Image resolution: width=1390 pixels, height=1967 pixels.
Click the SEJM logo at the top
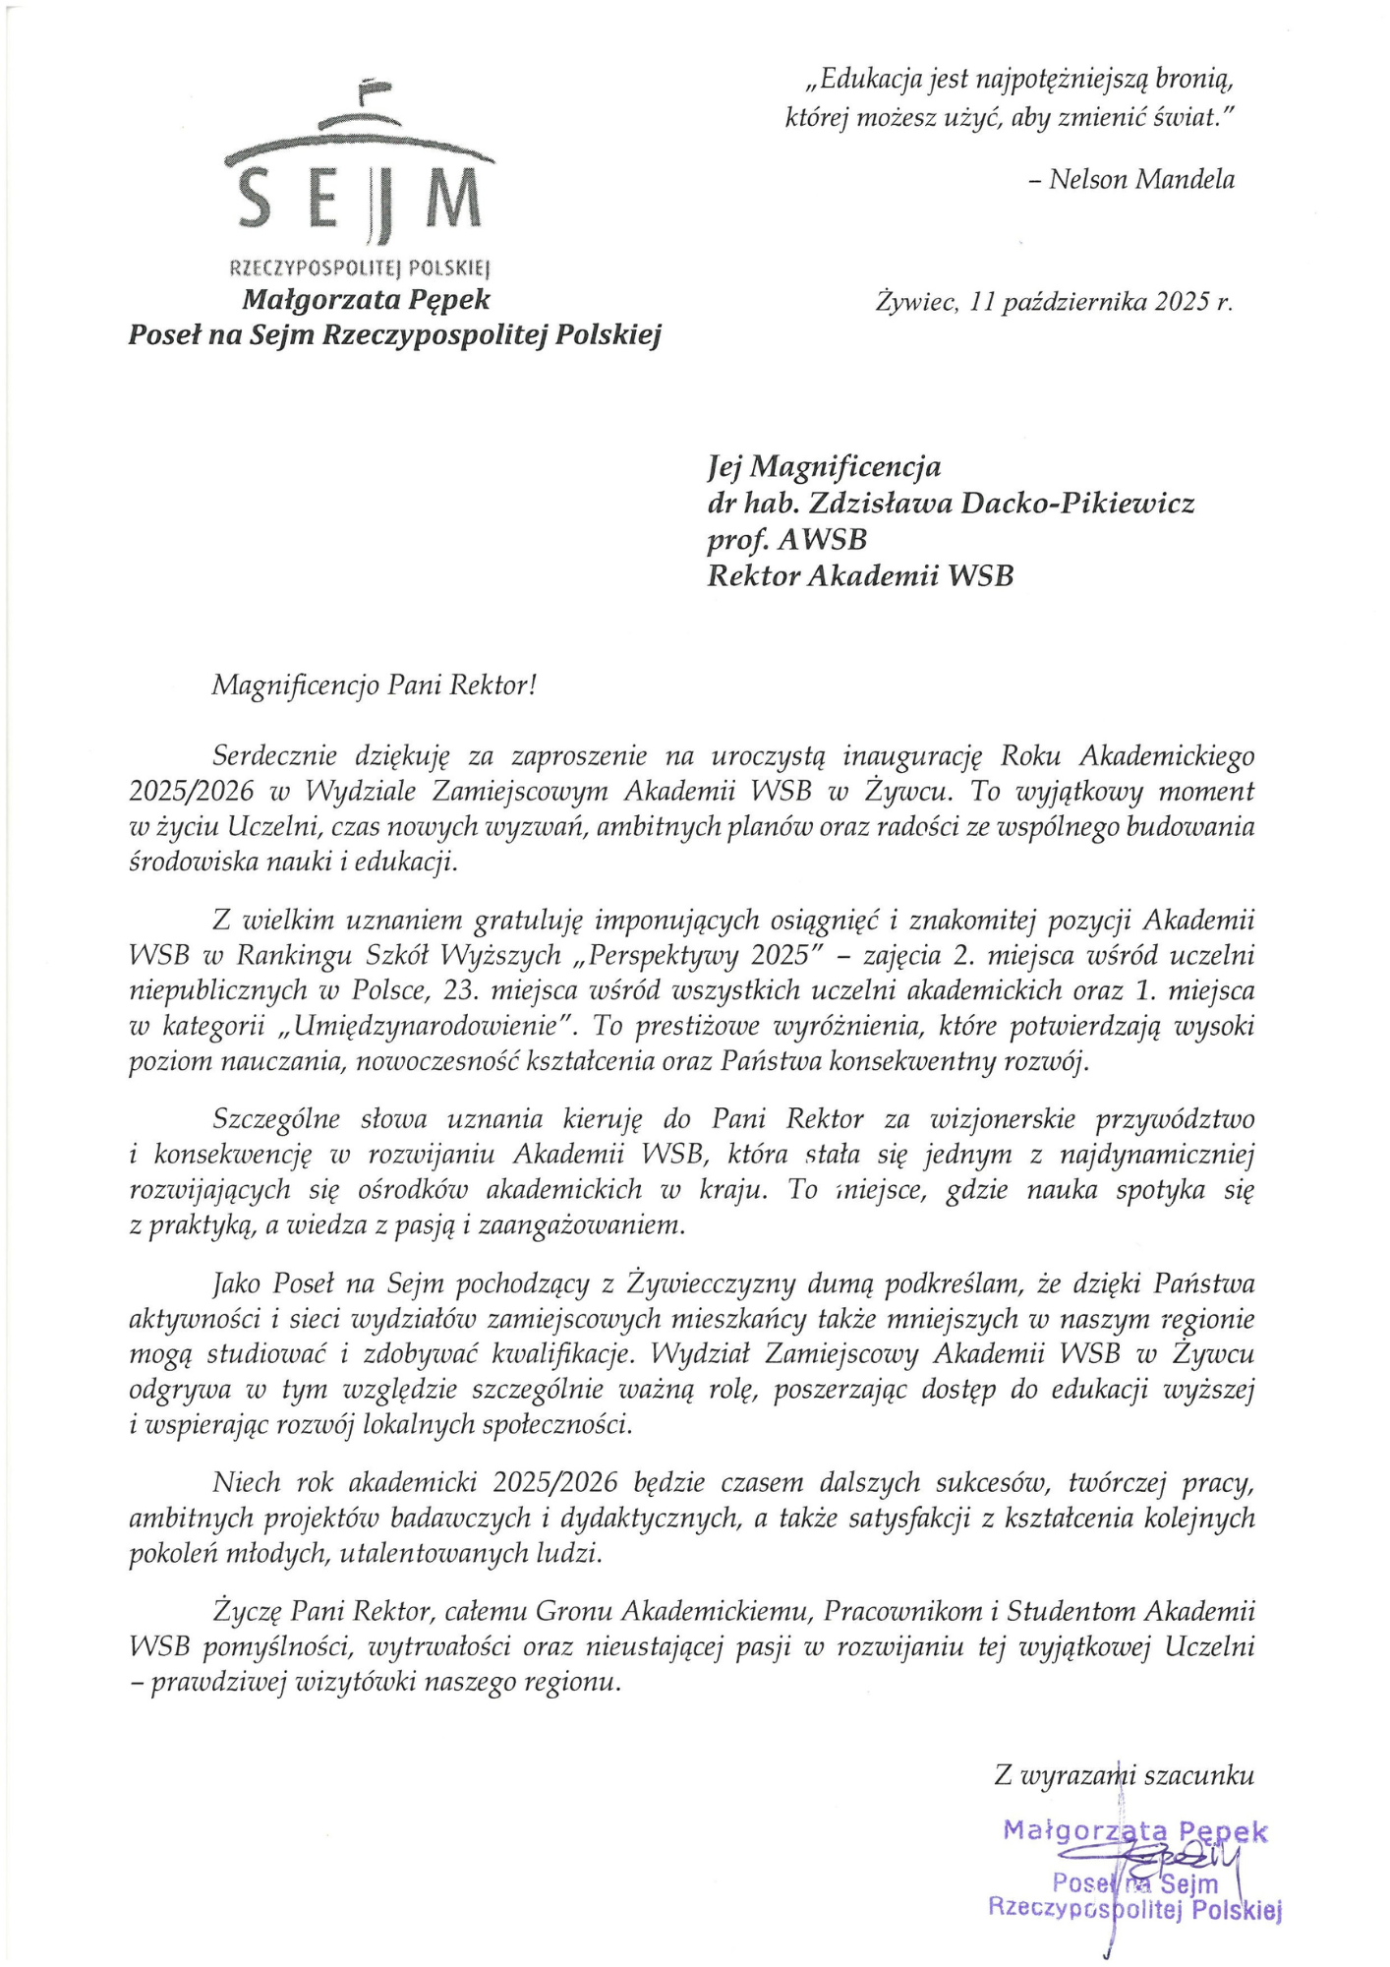[359, 177]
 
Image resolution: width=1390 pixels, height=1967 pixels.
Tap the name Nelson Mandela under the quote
[1141, 179]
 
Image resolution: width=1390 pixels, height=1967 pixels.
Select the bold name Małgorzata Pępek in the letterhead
[366, 299]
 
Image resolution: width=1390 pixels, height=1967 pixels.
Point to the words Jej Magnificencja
[824, 466]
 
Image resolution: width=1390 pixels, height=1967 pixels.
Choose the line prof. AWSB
[786, 540]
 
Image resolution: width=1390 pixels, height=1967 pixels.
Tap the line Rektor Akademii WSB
[860, 575]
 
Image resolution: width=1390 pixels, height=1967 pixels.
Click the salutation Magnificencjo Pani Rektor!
[375, 685]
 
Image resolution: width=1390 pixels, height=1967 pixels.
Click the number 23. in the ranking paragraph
[461, 990]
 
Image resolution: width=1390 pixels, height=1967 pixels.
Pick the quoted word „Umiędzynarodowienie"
[428, 1027]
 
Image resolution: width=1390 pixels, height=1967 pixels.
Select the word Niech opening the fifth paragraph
[246, 1482]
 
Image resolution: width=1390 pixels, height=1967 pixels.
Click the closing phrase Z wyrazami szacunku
[1124, 1774]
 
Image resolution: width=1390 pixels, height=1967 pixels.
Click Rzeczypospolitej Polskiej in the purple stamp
[1135, 1909]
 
